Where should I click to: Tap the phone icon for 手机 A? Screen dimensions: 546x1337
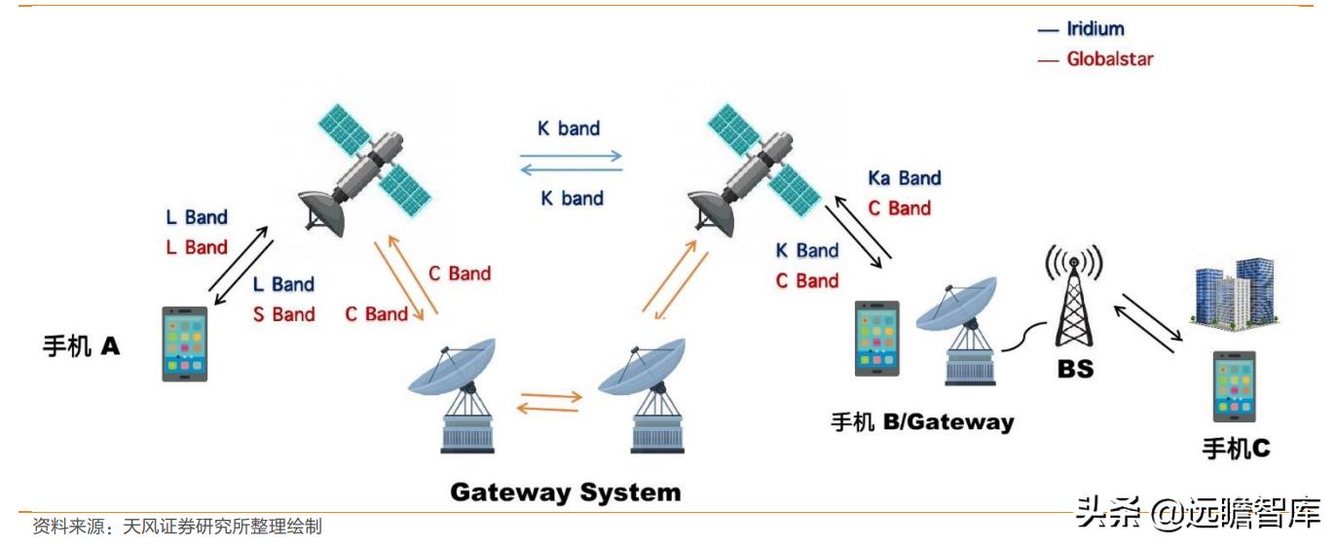(x=184, y=344)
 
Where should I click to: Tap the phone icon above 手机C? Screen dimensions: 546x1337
(x=1234, y=387)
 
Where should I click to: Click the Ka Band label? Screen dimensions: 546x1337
(x=905, y=178)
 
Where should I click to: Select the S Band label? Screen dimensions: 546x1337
(x=283, y=314)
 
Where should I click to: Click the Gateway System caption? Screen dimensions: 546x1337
(x=565, y=491)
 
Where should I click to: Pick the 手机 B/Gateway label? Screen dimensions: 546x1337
(x=921, y=422)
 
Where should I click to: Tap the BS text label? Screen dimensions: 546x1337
(x=1075, y=370)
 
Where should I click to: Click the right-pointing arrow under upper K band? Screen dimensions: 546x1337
(x=570, y=153)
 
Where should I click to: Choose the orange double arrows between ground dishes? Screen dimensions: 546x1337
(x=549, y=401)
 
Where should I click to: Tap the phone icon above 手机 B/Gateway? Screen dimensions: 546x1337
(x=876, y=339)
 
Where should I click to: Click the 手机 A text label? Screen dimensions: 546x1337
(x=82, y=346)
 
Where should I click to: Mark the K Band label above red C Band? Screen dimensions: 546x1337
(x=806, y=251)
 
